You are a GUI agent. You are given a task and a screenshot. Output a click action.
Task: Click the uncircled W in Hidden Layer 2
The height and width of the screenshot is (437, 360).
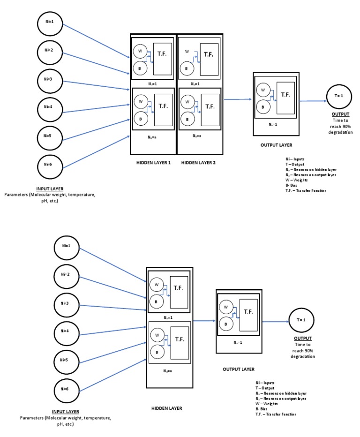[x=187, y=51]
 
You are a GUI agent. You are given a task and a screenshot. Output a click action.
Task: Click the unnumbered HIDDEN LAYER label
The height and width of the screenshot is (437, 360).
[x=166, y=408]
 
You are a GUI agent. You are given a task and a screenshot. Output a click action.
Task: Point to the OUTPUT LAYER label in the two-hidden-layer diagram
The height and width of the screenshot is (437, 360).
[x=276, y=145]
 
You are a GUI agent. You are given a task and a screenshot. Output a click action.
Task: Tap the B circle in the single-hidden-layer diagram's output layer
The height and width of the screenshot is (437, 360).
[x=227, y=323]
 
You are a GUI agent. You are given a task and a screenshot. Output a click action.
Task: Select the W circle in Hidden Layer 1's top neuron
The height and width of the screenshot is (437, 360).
[x=139, y=51]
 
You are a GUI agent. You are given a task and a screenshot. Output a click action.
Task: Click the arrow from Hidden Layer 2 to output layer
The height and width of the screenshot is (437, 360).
[x=238, y=99]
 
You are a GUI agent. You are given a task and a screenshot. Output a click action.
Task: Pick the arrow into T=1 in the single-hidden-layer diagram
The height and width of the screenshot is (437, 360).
[x=275, y=322]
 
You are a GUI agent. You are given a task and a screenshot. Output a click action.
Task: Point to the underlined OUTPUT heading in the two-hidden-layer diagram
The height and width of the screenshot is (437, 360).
[x=340, y=114]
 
